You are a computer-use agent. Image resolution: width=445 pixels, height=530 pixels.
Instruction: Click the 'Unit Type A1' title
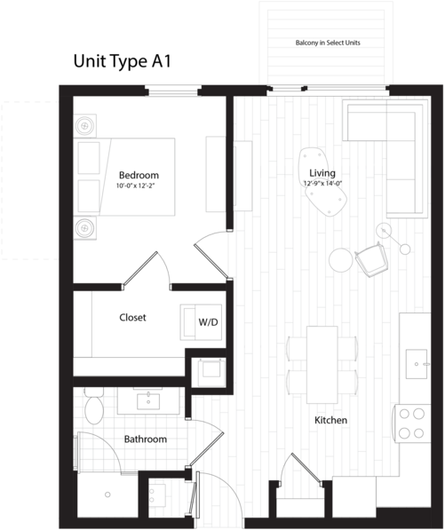[x=123, y=62]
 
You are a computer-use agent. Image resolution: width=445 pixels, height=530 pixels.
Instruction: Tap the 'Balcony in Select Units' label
[x=328, y=43]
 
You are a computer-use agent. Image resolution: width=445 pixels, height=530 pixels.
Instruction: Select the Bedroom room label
[x=139, y=175]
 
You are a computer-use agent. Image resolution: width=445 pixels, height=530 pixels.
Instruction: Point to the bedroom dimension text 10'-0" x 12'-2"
[x=137, y=186]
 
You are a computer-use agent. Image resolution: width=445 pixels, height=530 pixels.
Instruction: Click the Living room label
[x=322, y=173]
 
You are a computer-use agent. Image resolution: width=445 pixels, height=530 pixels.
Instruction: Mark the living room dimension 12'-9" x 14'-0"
[x=323, y=184]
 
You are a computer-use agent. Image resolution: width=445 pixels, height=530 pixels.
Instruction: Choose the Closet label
[x=132, y=318]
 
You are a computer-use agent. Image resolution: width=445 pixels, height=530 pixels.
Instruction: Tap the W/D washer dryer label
[x=208, y=322]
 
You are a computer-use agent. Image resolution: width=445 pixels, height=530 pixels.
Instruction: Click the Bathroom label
[x=146, y=439]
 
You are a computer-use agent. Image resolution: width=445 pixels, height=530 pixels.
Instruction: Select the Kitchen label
[x=330, y=420]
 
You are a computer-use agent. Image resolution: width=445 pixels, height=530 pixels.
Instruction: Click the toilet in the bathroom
[x=94, y=406]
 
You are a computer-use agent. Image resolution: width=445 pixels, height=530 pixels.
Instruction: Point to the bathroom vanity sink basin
[x=148, y=401]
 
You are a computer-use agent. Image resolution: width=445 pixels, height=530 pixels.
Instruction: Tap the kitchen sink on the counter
[x=417, y=364]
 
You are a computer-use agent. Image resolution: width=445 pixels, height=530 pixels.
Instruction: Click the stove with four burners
[x=411, y=423]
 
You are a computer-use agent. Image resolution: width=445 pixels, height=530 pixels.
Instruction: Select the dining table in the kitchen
[x=322, y=365]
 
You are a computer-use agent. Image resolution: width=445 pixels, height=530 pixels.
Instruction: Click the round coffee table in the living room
[x=341, y=259]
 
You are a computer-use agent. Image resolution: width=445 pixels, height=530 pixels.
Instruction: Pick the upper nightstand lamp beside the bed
[x=85, y=126]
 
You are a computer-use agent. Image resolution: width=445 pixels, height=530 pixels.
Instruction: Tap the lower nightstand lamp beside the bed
[x=85, y=228]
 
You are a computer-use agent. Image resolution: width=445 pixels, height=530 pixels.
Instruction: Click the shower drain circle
[x=107, y=494]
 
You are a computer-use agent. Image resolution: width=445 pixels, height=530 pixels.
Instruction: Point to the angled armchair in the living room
[x=371, y=259]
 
